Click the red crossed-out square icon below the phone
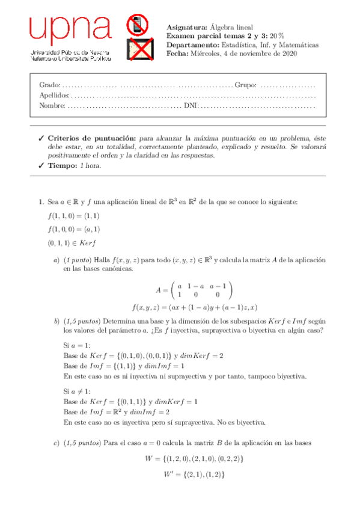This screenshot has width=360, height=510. click(139, 49)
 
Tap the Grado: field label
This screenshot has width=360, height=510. click(49, 85)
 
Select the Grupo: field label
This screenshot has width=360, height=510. click(245, 85)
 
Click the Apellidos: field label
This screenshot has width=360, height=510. click(54, 95)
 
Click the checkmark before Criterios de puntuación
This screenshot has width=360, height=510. click(41, 138)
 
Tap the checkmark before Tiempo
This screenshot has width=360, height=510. click(41, 166)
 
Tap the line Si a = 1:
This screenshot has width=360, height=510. click(76, 345)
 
